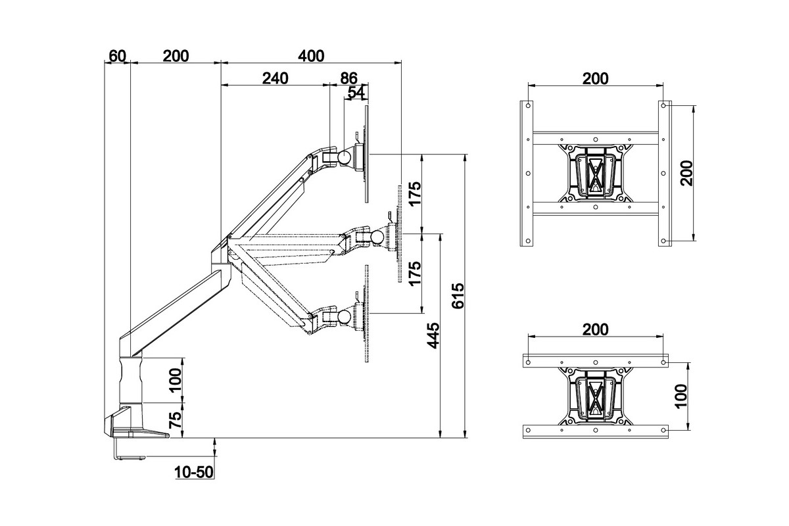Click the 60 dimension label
117,56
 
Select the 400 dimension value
310,56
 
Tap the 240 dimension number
275,78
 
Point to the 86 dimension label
348,78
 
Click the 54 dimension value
356,93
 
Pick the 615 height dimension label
459,296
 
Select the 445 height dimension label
433,336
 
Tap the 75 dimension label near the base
175,421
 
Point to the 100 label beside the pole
175,381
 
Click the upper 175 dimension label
414,194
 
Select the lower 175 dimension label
414,274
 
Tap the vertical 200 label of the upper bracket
686,173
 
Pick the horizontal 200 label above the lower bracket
596,329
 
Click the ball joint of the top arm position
344,157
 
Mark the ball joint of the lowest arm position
343,316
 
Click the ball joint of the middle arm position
377,236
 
